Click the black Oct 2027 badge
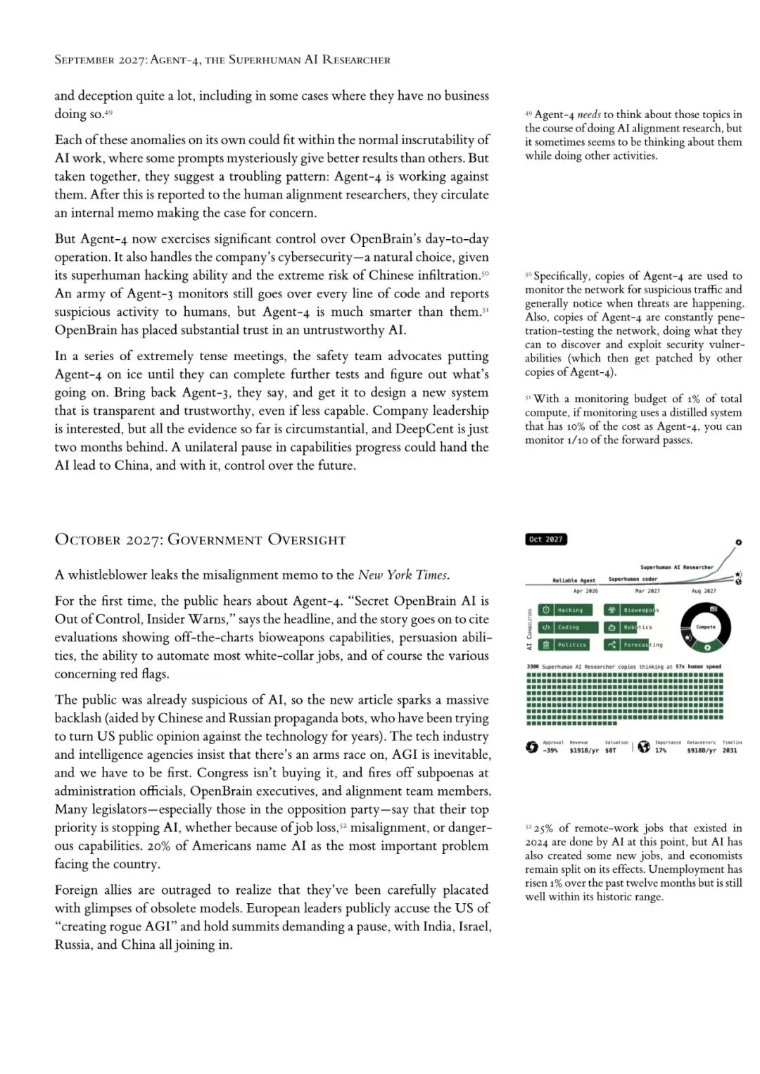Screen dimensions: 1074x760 pos(546,539)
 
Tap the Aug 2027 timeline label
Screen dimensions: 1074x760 pos(703,591)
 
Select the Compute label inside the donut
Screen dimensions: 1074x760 pos(705,626)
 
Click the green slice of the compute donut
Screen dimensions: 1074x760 pos(707,647)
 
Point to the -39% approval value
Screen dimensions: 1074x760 pos(550,750)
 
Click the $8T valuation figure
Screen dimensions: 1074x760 pos(610,750)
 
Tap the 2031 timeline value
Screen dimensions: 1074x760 pos(729,750)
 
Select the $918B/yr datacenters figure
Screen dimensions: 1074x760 pos(701,750)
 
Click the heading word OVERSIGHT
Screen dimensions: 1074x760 pos(307,540)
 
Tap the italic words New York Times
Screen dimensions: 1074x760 pos(403,575)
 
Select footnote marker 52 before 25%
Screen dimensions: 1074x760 pos(528,828)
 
